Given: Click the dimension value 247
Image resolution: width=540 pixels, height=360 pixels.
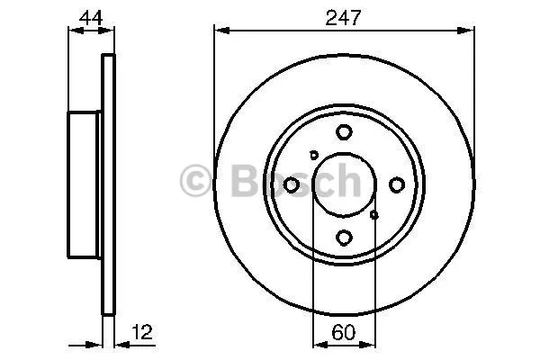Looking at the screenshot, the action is [x=343, y=18].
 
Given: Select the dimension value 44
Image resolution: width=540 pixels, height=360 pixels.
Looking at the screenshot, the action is [x=91, y=18].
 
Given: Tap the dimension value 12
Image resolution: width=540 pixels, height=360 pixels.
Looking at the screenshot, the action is [x=141, y=332].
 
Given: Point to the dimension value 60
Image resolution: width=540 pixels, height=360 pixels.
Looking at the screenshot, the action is [x=344, y=332].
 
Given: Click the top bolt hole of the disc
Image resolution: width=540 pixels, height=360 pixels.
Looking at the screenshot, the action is [x=344, y=132].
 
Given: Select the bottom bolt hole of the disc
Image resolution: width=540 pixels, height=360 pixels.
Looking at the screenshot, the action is [x=344, y=238].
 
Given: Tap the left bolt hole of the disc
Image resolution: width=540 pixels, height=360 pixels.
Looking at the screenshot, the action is [x=291, y=185].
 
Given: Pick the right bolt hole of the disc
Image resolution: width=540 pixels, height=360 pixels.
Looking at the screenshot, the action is [x=397, y=185].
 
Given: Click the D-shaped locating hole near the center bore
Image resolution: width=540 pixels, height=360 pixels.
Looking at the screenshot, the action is [x=313, y=155].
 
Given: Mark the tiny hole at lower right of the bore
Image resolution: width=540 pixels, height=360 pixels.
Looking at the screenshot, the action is [x=374, y=215].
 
